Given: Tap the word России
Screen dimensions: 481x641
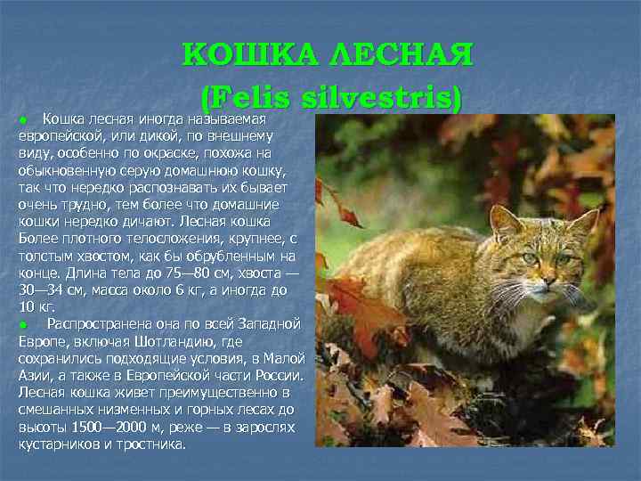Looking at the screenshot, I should click(280, 374).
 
